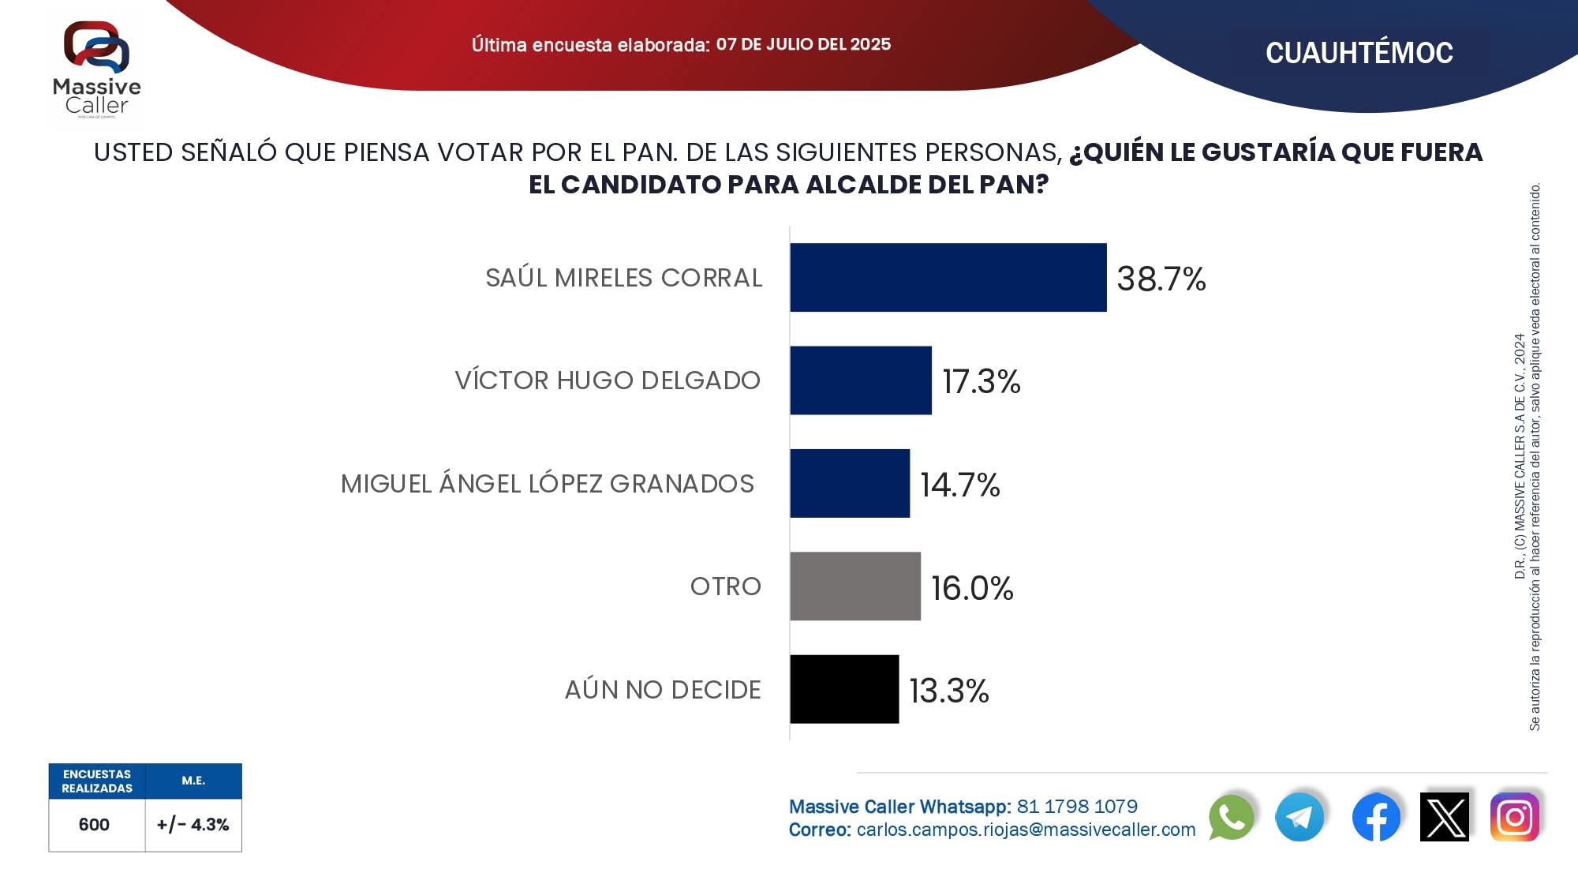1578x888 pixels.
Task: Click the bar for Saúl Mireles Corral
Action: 948,278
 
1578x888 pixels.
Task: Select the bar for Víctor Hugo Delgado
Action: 860,380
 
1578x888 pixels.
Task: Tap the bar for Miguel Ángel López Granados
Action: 850,483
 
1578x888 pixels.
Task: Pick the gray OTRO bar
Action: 854,586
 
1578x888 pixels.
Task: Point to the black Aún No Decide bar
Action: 844,689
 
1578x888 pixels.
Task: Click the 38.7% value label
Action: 1161,279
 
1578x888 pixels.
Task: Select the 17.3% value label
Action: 981,382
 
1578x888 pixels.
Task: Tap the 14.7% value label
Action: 959,485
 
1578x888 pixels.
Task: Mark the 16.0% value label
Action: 971,588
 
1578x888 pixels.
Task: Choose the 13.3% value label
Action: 948,691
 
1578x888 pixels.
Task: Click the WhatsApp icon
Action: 1231,817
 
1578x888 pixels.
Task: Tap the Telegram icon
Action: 1299,817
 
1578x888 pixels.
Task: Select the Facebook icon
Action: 1376,817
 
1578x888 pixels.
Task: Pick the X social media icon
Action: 1445,817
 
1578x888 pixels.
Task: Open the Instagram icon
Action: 1514,817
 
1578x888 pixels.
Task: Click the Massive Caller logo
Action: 96,69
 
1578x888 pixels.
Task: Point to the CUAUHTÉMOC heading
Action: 1359,53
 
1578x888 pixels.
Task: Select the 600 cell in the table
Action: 94,825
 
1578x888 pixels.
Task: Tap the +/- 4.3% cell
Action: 193,825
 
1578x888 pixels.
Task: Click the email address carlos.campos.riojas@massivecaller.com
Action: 1026,830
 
